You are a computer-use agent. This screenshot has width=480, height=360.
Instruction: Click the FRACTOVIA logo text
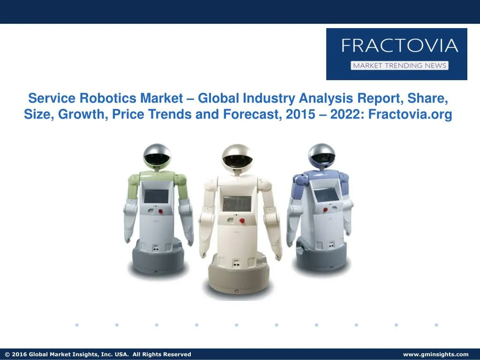click(399, 46)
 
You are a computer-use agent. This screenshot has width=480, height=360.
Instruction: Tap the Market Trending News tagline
click(399, 66)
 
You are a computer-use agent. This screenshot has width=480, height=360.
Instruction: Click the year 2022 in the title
click(345, 115)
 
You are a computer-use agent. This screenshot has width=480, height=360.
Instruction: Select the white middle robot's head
click(237, 157)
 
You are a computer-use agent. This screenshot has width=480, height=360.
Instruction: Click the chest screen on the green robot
click(156, 196)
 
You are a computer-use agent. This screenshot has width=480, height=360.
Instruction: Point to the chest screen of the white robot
click(237, 203)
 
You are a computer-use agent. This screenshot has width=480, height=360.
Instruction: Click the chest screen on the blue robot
click(324, 195)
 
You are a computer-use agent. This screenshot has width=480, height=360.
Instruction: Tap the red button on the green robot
click(161, 211)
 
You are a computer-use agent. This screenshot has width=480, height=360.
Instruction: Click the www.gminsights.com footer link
click(435, 354)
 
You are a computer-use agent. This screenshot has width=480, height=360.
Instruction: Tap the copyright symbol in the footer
click(7, 354)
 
